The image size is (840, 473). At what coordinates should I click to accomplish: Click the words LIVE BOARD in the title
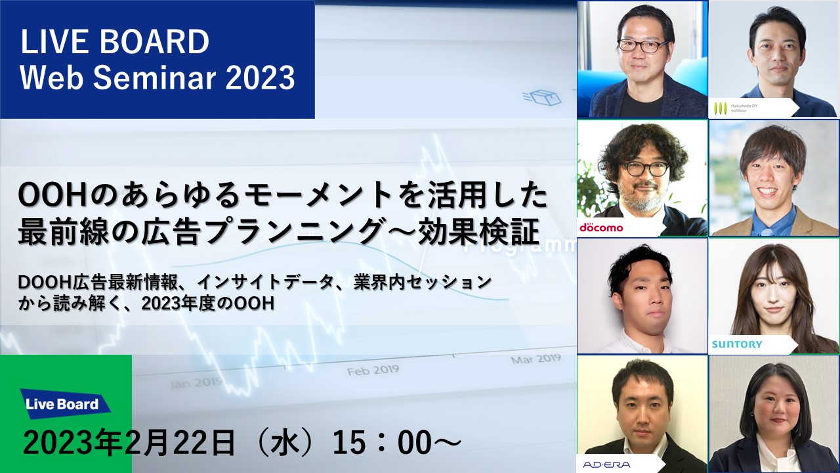pos(115,42)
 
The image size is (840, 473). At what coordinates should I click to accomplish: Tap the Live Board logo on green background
pos(63,404)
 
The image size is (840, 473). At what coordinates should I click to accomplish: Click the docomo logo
pos(600,227)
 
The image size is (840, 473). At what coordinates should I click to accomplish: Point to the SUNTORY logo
pos(737,344)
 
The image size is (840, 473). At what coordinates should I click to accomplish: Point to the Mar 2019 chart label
pos(535,359)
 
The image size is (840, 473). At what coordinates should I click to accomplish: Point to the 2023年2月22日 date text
pos(129,443)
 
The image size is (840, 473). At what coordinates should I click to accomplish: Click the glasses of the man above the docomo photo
pos(642,46)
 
